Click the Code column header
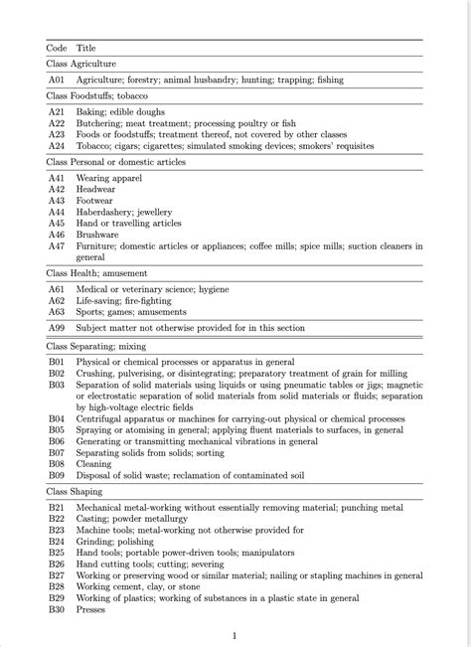(x=57, y=47)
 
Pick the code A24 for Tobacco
(x=57, y=145)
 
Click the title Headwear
(x=96, y=189)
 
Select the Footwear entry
(x=95, y=200)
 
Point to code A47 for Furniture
(x=57, y=244)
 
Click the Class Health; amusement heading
(x=97, y=272)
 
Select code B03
(x=57, y=385)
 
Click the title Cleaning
(x=94, y=463)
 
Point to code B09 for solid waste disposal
(x=57, y=474)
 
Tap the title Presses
(x=92, y=609)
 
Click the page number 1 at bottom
(x=235, y=635)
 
